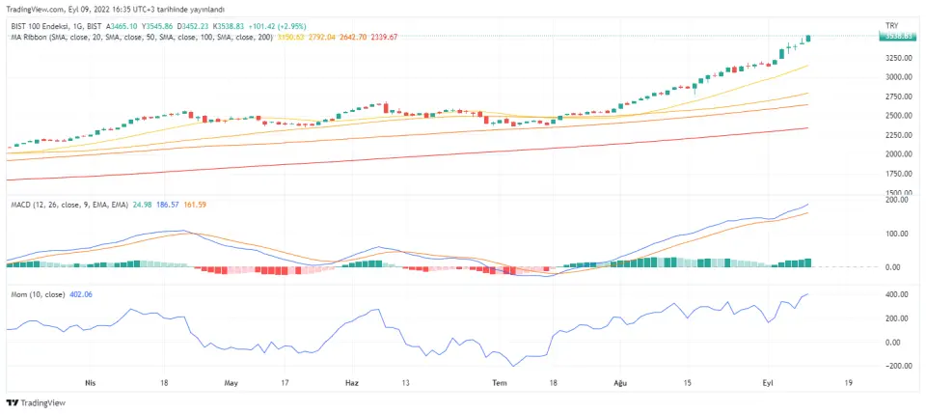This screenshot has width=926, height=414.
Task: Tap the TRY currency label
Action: coord(891,24)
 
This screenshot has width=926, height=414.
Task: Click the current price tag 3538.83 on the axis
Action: coord(896,36)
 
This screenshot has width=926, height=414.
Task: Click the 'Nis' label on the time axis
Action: coord(92,382)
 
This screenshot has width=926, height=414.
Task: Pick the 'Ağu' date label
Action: coord(620,382)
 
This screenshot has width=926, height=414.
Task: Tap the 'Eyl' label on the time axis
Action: coord(768,382)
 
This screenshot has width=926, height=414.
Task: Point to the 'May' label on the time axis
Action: coord(231,382)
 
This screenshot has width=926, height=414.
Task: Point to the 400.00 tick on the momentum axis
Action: coord(899,293)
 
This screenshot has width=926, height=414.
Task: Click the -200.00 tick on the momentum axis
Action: coord(898,367)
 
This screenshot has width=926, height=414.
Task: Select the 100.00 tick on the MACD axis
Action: coord(899,234)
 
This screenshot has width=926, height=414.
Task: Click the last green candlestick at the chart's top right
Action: coord(807,38)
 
